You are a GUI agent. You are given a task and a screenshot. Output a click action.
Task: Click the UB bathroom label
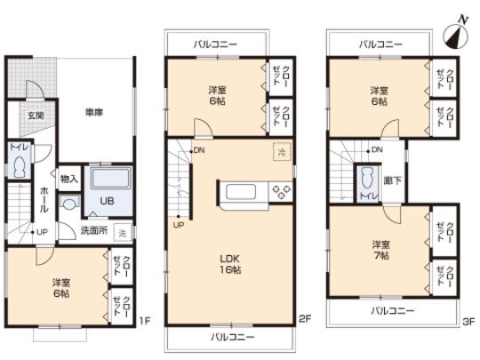pos(105,201)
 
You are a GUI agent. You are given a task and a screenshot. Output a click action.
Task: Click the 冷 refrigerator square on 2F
pos(282,151)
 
